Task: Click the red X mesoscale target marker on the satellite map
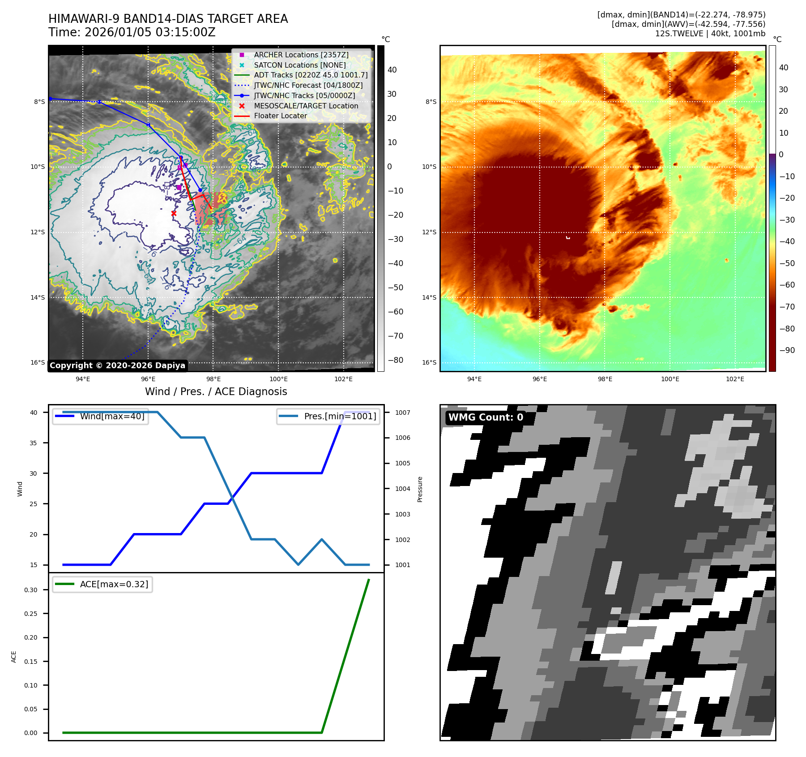click(174, 213)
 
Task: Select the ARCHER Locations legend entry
click(301, 55)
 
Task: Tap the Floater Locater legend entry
click(280, 116)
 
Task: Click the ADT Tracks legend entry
click(311, 75)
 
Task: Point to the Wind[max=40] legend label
click(112, 416)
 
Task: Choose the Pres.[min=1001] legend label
click(340, 416)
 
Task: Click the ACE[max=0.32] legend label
click(114, 584)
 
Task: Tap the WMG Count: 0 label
click(486, 417)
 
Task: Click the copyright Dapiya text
click(117, 366)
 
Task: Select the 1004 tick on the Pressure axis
click(402, 489)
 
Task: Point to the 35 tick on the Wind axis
click(34, 443)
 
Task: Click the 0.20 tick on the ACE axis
click(31, 637)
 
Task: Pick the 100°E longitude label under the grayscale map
click(278, 379)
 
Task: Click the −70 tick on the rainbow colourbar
click(787, 307)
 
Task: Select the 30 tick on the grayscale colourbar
click(392, 94)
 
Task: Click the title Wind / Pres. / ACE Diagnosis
click(216, 391)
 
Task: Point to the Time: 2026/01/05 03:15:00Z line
click(132, 32)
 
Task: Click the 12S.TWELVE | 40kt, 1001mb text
click(710, 34)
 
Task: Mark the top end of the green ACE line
click(369, 580)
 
